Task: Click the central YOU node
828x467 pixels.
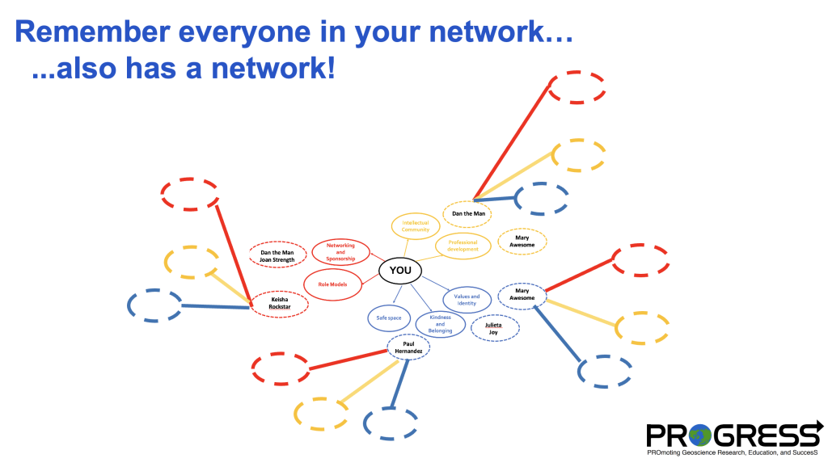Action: (400, 271)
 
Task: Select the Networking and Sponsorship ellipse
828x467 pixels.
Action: (340, 252)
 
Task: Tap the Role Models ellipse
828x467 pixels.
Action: (332, 284)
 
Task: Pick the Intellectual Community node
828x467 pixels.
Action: (416, 226)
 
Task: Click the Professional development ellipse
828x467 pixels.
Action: (463, 246)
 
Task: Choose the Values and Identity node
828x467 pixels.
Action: (467, 300)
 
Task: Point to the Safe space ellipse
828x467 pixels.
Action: (389, 318)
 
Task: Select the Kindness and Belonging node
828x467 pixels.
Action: (441, 324)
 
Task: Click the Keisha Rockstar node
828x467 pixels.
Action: (279, 304)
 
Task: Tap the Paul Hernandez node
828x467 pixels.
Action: (408, 347)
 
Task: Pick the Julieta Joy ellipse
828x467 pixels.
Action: (495, 328)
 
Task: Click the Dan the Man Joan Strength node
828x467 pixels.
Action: (277, 255)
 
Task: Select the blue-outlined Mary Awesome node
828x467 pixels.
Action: (522, 296)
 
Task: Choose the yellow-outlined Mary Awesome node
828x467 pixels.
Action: (522, 242)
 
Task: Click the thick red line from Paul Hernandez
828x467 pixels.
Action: (349, 360)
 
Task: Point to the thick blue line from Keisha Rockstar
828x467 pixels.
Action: (215, 306)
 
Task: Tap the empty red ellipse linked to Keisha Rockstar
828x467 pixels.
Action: (190, 194)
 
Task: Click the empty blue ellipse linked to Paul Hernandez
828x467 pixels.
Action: (391, 423)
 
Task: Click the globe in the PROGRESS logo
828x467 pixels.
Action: (699, 435)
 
